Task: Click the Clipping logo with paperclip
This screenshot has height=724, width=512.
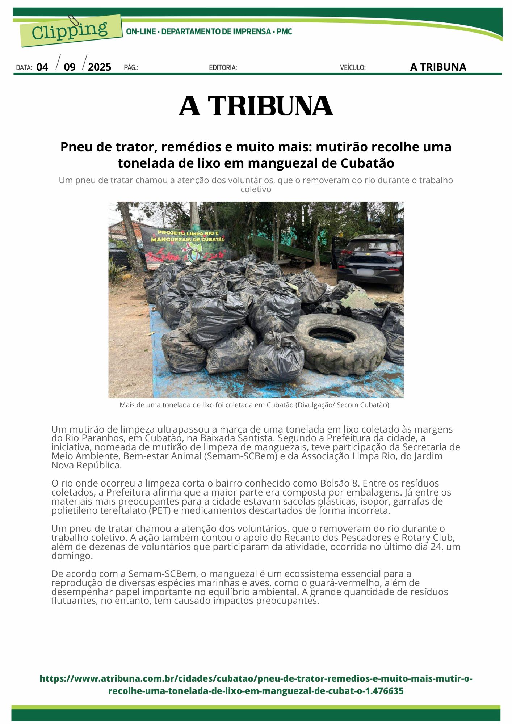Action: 70,31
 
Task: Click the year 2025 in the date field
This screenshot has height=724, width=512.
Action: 100,67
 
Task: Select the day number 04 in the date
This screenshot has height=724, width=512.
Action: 42,67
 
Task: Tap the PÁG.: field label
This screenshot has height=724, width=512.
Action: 131,67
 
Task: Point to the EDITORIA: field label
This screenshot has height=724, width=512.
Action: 223,67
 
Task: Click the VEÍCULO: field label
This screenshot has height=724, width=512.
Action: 353,67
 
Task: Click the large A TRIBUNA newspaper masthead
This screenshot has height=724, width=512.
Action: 256,106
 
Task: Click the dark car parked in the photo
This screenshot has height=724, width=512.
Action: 371,261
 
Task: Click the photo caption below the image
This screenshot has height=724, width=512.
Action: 254,405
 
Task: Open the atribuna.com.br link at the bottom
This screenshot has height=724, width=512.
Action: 256,685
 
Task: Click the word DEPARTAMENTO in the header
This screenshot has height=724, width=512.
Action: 190,31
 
